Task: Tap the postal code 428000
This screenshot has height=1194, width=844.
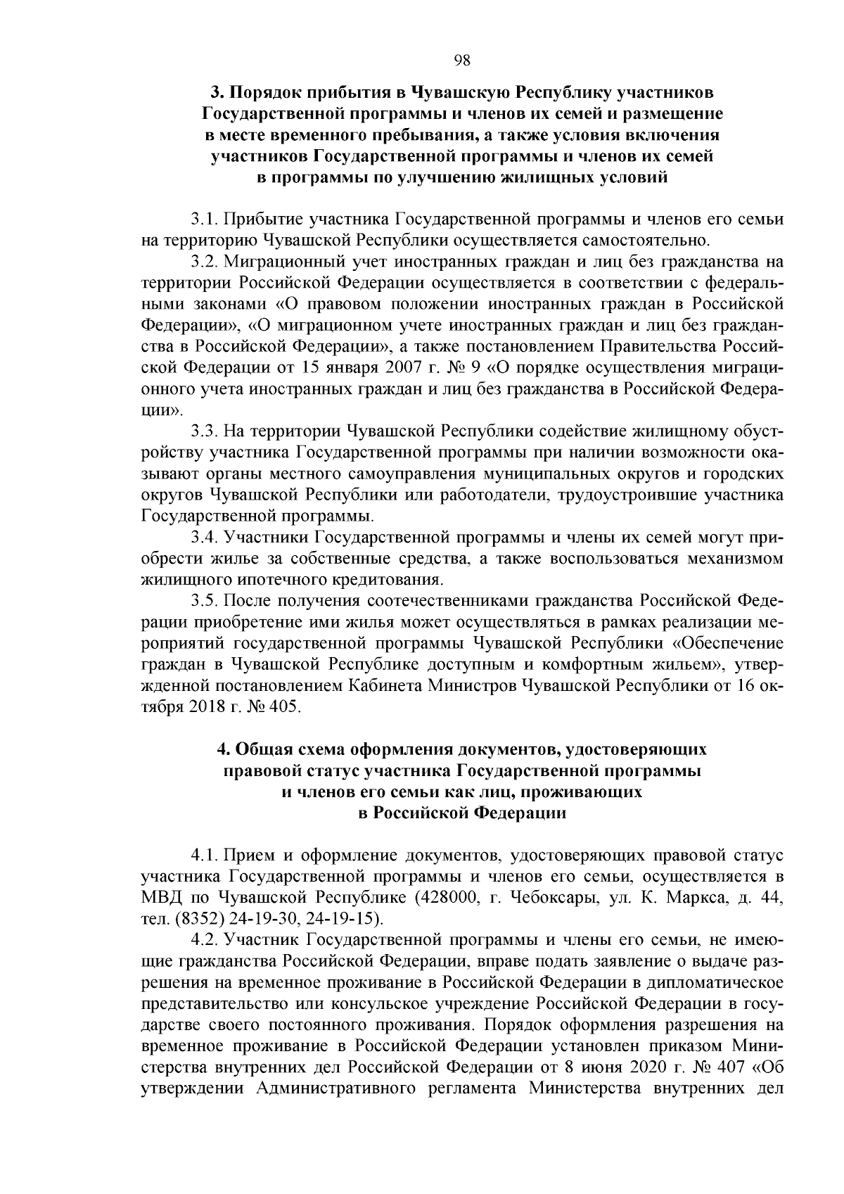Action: pos(445,898)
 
